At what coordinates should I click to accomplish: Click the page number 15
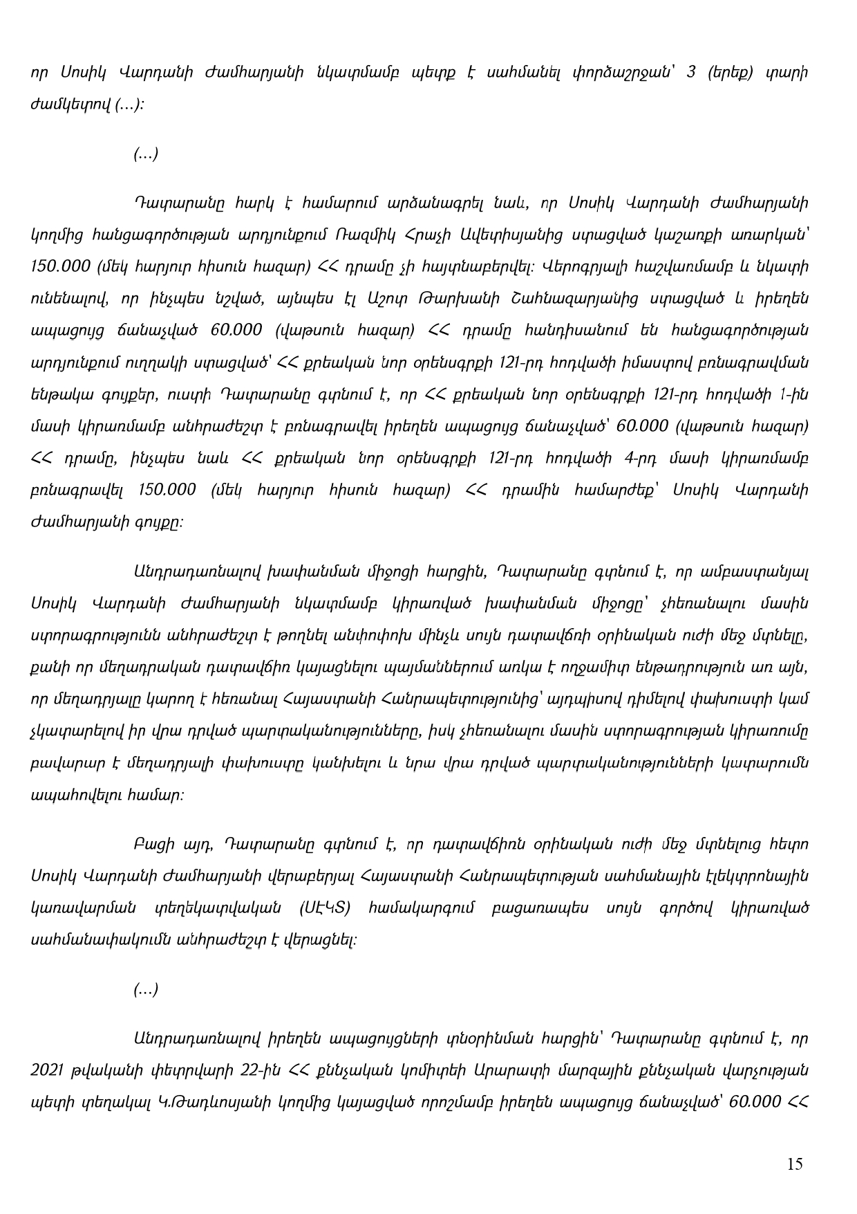coord(795,1164)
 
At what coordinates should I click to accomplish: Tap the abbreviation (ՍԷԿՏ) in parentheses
coord(326,908)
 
